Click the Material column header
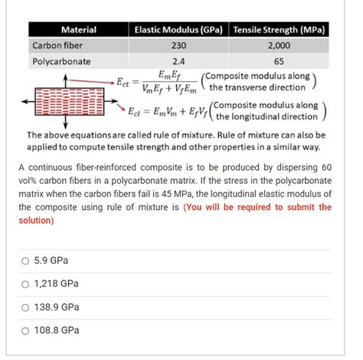pyautogui.click(x=78, y=30)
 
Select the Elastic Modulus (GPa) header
pyautogui.click(x=178, y=30)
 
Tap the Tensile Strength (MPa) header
pyautogui.click(x=279, y=30)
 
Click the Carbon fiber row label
pyautogui.click(x=57, y=45)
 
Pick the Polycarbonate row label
pyautogui.click(x=61, y=61)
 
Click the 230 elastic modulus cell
pyautogui.click(x=178, y=45)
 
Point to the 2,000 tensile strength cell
pyautogui.click(x=279, y=45)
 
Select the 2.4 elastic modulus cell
pyautogui.click(x=178, y=61)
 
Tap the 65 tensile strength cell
pyautogui.click(x=279, y=61)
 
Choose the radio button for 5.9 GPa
pyautogui.click(x=25, y=260)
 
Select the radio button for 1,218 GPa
pyautogui.click(x=25, y=284)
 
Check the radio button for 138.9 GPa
pyautogui.click(x=25, y=307)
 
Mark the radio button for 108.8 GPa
pyautogui.click(x=25, y=331)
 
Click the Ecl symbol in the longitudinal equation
pyautogui.click(x=135, y=110)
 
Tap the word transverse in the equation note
pyautogui.click(x=244, y=87)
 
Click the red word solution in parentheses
pyautogui.click(x=36, y=220)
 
